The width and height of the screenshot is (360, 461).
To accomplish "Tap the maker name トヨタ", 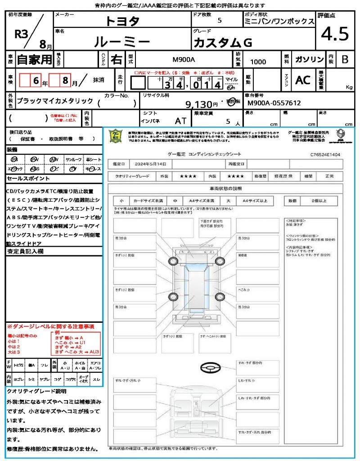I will click(122, 21).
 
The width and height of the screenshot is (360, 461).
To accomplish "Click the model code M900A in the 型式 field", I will click(184, 60).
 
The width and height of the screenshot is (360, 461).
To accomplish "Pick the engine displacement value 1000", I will click(258, 62).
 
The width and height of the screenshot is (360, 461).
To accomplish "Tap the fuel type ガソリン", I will click(309, 59).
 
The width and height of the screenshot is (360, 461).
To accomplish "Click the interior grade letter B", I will click(345, 59).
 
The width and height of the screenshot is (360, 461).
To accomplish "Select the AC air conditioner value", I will click(303, 80).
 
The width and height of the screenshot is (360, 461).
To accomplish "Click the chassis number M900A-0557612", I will click(274, 103).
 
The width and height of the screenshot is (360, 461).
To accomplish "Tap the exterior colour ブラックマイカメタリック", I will click(55, 101).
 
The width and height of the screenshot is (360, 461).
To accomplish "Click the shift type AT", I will click(181, 121).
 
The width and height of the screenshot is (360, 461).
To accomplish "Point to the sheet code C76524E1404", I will click(325, 154).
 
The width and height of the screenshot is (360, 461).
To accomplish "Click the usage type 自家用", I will click(34, 59).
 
